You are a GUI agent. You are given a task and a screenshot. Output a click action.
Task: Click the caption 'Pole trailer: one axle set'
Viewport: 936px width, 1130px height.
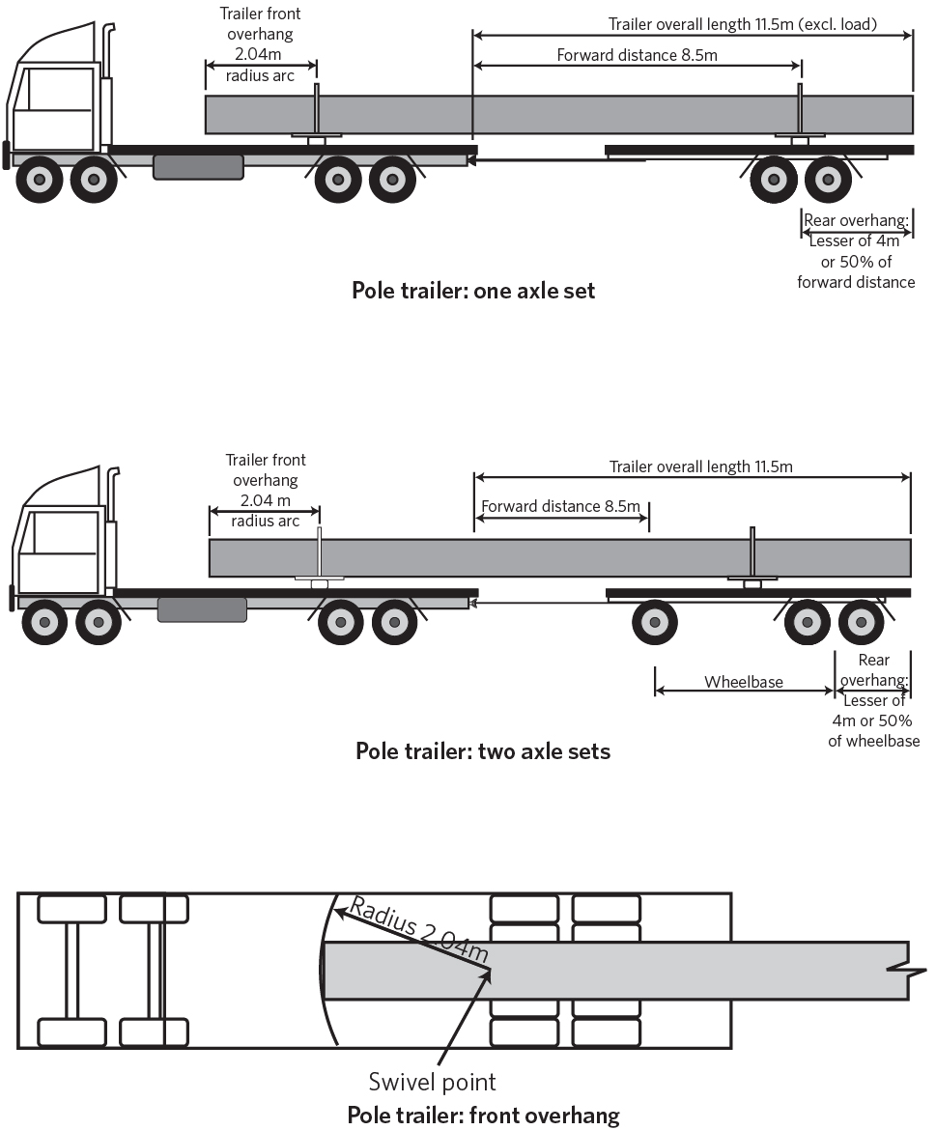point(473,290)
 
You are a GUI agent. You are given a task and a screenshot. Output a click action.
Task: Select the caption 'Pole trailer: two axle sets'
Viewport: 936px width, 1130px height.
point(483,750)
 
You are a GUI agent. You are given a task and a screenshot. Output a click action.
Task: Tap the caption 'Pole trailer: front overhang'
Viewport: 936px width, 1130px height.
point(483,1115)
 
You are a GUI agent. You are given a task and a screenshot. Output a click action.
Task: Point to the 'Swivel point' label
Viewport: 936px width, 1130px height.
point(432,1081)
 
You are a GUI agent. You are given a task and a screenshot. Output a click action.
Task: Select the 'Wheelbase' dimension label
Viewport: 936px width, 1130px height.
point(743,682)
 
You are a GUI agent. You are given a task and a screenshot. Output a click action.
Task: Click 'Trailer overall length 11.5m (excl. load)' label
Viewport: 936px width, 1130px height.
point(742,24)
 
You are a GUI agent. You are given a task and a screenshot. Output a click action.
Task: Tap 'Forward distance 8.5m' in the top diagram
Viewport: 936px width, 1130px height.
point(637,55)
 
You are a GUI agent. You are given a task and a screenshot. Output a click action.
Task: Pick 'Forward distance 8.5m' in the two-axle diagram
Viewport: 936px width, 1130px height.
point(560,506)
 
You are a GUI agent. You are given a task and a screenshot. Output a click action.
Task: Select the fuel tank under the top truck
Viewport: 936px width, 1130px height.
point(198,167)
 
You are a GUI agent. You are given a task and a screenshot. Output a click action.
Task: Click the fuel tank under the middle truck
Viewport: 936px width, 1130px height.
point(202,609)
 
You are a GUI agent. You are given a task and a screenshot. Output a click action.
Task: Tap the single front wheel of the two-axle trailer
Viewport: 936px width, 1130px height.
point(654,623)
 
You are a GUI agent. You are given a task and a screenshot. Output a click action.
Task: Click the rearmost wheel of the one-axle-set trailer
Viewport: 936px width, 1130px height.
point(829,179)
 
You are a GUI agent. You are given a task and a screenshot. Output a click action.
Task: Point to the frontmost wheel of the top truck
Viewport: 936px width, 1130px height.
point(40,179)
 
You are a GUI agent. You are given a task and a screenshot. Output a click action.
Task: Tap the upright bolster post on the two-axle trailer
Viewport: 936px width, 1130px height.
point(752,551)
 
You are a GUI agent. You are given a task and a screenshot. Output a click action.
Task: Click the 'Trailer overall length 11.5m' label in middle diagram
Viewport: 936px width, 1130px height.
point(700,467)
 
